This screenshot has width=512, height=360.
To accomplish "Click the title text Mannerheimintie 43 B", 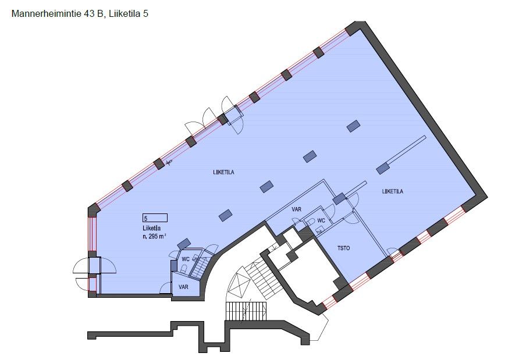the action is (57, 14).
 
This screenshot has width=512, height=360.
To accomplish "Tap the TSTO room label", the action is (343, 248).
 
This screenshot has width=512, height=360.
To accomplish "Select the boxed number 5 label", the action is (155, 218).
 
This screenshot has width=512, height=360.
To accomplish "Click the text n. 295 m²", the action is (154, 236).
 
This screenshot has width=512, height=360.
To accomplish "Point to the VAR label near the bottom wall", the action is (183, 287).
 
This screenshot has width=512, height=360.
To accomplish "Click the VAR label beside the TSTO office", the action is (297, 209).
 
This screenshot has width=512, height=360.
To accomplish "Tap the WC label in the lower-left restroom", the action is (186, 259).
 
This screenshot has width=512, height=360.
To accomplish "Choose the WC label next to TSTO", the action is (321, 220).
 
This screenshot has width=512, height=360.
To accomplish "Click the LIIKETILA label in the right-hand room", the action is (393, 191).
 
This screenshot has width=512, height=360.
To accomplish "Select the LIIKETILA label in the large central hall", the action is (223, 172).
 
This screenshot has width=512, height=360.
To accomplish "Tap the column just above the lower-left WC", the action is (184, 244).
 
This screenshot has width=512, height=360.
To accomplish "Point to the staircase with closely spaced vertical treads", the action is (246, 311).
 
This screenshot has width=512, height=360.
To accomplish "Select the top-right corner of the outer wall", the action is (365, 22).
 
